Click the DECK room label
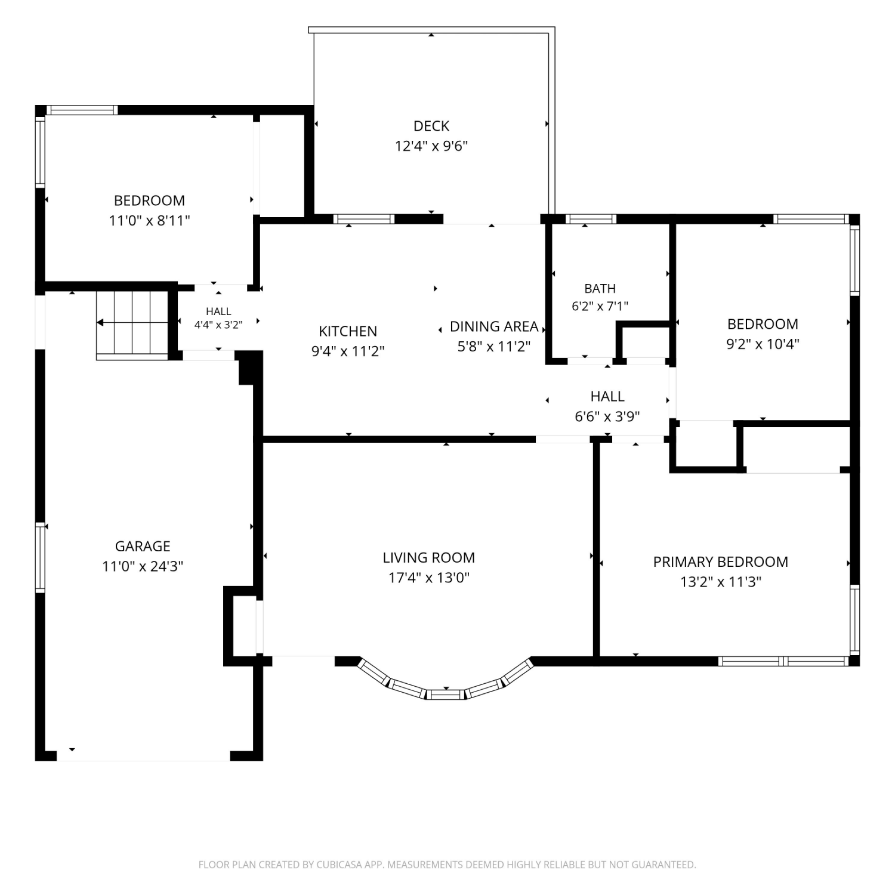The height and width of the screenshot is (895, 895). pos(431,126)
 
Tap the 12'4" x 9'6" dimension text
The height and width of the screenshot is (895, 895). pos(431,146)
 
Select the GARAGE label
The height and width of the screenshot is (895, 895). pos(143,546)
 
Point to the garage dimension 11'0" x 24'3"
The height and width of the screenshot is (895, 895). pos(143,566)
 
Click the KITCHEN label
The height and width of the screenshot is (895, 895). pos(348,331)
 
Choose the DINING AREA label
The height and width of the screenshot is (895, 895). pos(494,326)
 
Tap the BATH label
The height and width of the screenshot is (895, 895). pos(600,289)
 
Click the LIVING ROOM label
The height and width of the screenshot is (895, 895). pos(429,558)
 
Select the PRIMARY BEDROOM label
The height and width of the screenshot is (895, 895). pos(721,562)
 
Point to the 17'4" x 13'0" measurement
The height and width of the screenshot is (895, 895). pos(429,578)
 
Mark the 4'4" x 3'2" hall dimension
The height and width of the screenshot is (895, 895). pos(218,325)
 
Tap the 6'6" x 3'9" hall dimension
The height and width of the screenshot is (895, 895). pos(607,416)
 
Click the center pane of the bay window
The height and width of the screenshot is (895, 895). pos(445,694)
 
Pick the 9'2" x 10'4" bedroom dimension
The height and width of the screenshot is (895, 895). pos(763,344)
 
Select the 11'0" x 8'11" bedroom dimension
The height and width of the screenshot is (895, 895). pos(149,221)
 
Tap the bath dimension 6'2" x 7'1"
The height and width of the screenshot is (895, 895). pos(600,307)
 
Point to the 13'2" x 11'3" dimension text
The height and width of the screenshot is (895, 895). pos(721,582)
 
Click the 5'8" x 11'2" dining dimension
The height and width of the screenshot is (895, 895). pos(494,347)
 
